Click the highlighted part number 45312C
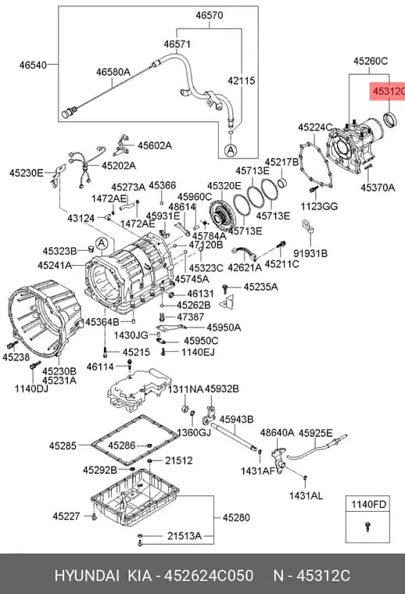click(x=389, y=91)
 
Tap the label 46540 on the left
click(x=33, y=65)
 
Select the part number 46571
click(x=177, y=45)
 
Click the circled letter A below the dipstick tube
click(x=230, y=150)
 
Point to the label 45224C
click(x=315, y=127)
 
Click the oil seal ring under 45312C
click(x=390, y=120)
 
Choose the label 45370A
click(x=378, y=188)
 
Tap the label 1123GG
click(x=319, y=206)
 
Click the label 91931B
click(x=310, y=253)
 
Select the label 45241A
click(x=55, y=266)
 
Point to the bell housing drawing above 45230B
click(x=45, y=317)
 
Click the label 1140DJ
click(x=31, y=388)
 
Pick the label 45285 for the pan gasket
click(x=63, y=445)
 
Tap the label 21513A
click(x=185, y=536)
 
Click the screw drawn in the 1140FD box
click(x=367, y=526)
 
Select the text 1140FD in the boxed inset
click(x=368, y=504)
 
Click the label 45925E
click(x=316, y=433)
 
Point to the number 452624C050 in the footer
click(x=209, y=576)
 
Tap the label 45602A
click(x=155, y=145)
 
